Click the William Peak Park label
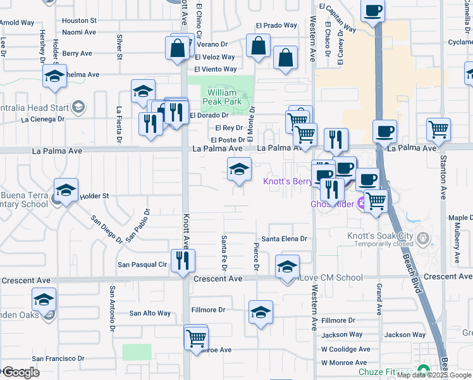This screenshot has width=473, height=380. point(221,97)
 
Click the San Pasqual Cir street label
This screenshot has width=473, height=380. point(142,264)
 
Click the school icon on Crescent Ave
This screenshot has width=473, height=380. point(286,267)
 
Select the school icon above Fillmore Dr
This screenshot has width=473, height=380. point(260,312)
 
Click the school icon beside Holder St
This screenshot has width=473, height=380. point(66,189)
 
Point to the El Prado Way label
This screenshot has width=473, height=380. point(276,25)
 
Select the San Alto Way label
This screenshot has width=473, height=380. point(150,313)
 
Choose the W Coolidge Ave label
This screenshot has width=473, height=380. point(345,349)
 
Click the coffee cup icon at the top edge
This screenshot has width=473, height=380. point(372,11)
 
